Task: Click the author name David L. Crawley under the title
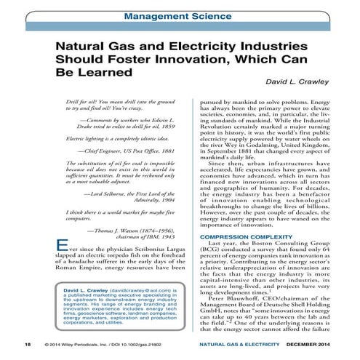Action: [305, 84]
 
